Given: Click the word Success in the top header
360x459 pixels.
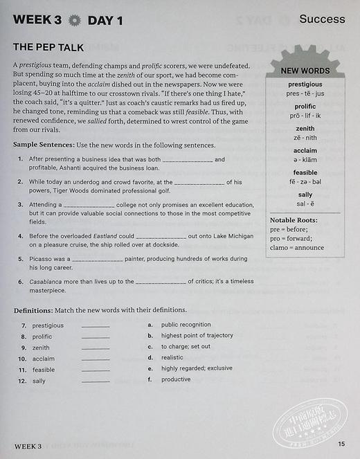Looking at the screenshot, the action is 322,19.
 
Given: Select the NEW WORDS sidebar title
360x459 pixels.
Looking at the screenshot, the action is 305,71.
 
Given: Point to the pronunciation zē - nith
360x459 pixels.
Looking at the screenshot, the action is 305,138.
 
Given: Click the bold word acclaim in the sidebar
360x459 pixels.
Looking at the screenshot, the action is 305,150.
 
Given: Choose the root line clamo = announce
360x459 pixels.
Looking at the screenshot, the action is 296,247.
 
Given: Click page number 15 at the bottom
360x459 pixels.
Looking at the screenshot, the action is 341,444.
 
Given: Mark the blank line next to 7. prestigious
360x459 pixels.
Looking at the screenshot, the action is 96,325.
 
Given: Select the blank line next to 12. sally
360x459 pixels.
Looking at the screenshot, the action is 96,381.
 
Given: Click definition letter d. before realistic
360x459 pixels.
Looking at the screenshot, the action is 150,357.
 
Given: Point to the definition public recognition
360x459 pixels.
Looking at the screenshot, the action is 186,324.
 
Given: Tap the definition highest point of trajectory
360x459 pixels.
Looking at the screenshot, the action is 197,335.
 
